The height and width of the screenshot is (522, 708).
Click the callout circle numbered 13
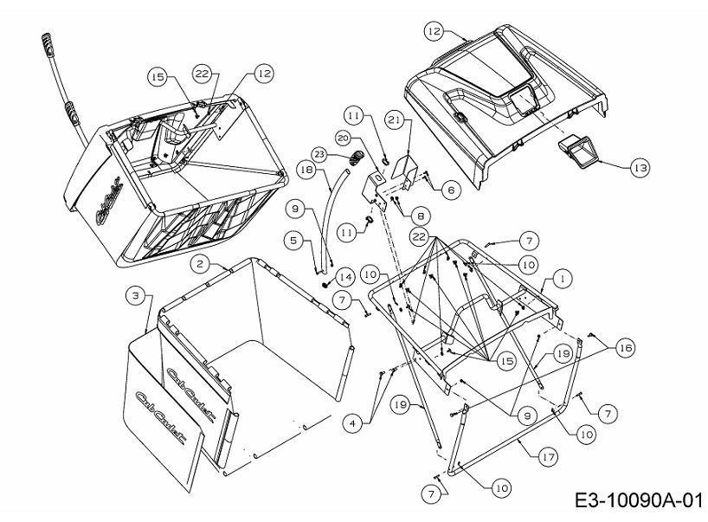(640, 168)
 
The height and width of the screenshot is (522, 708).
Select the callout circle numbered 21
(395, 120)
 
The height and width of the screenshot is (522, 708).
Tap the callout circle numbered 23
(319, 154)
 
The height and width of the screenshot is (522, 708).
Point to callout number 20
(344, 139)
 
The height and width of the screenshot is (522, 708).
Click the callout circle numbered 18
(306, 171)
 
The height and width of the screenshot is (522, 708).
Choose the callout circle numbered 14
(345, 277)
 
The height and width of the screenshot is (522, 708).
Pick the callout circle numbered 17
(548, 457)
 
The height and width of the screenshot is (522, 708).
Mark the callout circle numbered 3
(135, 296)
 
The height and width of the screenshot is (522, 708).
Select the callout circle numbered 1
(562, 279)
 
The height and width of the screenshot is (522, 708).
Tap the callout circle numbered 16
(626, 348)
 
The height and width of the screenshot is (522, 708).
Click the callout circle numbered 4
(352, 423)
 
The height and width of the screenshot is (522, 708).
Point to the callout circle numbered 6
(451, 190)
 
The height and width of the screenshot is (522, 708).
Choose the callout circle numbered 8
(421, 216)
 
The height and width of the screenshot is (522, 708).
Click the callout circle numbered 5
(294, 241)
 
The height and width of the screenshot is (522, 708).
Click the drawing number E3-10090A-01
(639, 500)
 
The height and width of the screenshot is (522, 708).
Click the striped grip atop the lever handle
(47, 44)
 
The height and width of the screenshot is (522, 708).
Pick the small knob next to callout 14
(325, 285)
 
